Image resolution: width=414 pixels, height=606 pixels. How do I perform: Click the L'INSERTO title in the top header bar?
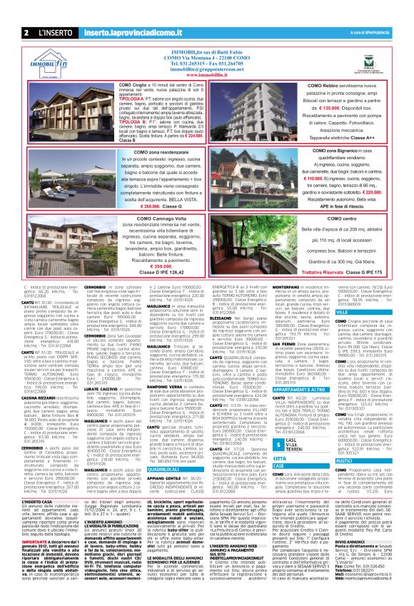(54, 33)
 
